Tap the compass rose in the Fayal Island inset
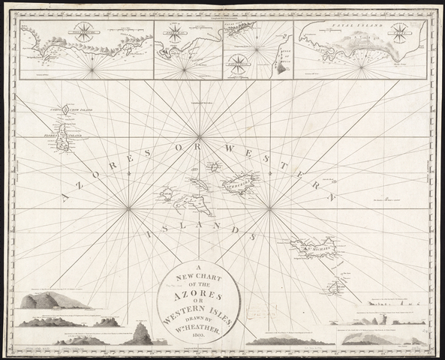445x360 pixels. [x=399, y=33]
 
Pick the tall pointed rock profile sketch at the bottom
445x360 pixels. [x=140, y=332]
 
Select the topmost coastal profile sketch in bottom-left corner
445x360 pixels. [x=54, y=301]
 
